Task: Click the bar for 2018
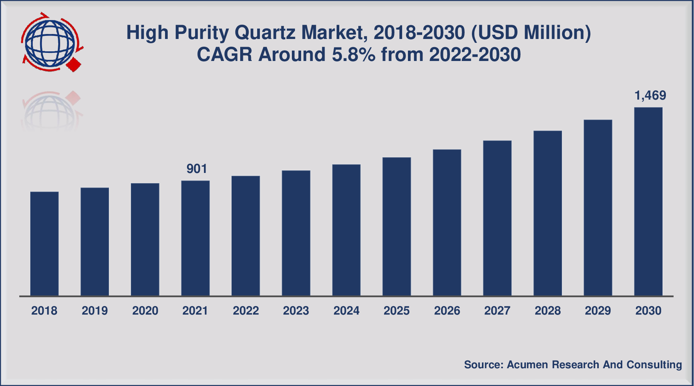[x=44, y=244]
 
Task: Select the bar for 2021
[x=195, y=238]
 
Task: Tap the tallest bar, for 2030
[x=648, y=201]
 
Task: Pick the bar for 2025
[x=397, y=227]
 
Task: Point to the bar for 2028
[x=547, y=213]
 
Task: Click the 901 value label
[x=197, y=169]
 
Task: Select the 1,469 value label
[x=650, y=95]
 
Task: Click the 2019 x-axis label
[x=94, y=311]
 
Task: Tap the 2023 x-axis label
[x=296, y=311]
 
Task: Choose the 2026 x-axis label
[x=447, y=311]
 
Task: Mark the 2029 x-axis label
[x=598, y=311]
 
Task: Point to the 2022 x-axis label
[x=246, y=311]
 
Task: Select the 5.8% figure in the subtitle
[x=354, y=55]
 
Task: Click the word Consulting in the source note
[x=654, y=365]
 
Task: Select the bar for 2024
[x=346, y=230]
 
